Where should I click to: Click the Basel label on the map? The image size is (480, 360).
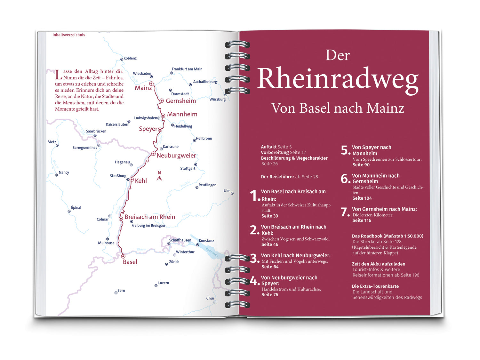coord(130,262)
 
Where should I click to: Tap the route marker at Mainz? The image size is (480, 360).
coord(151,84)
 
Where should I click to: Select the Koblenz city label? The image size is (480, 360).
coord(130,58)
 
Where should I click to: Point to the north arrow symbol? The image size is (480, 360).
coord(159,176)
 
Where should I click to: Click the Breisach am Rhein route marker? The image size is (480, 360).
coord(121,219)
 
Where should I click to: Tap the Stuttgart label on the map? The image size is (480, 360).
coord(188,169)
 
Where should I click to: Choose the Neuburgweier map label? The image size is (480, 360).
coord(176,156)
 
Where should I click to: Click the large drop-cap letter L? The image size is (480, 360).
coord(58,75)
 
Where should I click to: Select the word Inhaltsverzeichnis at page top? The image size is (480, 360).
coord(69,35)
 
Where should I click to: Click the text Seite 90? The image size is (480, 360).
coord(361,165)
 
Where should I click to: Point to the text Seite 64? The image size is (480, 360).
coord(270,267)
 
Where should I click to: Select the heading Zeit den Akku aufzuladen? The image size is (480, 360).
coord(378,264)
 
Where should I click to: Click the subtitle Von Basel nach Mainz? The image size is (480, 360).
coord(338,108)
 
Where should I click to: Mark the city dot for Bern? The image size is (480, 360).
coord(116,293)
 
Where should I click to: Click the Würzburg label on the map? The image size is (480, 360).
coord(217,100)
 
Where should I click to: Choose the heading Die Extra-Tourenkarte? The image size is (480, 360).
coord(375,286)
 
